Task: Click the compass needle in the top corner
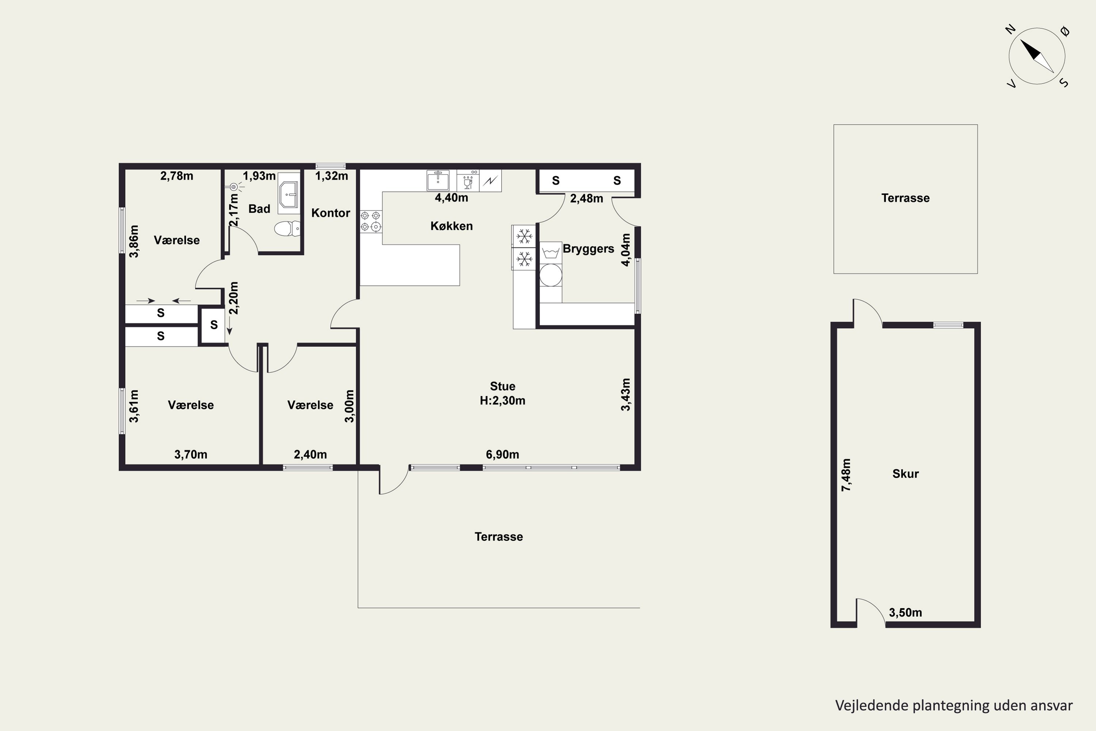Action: point(1037,56)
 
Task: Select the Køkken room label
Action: point(452,226)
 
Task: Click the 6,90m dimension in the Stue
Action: point(502,455)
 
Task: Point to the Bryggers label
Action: point(589,249)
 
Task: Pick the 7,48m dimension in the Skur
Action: point(846,475)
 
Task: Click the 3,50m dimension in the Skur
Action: point(905,613)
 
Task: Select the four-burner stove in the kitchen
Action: point(371,221)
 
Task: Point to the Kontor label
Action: point(330,213)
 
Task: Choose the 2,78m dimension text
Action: point(176,176)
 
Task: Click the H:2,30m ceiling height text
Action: point(502,401)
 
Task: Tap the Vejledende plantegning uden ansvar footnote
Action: point(954,705)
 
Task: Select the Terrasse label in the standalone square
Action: point(905,198)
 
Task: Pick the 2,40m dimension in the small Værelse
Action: point(310,455)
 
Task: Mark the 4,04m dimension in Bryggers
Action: point(626,250)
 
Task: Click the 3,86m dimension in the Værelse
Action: point(134,241)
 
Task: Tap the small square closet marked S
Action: point(213,325)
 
